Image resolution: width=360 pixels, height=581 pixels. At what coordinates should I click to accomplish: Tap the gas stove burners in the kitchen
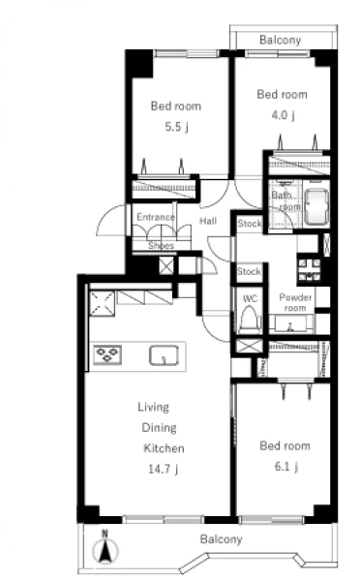click(x=107, y=353)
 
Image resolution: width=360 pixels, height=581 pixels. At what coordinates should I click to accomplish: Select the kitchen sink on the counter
click(x=165, y=354)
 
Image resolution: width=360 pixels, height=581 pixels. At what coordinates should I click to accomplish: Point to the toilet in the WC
click(x=249, y=319)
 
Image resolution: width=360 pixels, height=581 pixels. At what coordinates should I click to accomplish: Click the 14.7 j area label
click(x=164, y=469)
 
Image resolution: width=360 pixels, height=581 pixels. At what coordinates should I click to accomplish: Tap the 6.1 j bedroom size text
click(x=286, y=466)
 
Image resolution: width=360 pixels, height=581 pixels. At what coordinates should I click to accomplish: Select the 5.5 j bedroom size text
click(x=177, y=127)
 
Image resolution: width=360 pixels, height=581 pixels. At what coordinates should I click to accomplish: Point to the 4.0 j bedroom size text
click(x=284, y=115)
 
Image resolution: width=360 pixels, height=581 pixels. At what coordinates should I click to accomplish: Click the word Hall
click(x=208, y=221)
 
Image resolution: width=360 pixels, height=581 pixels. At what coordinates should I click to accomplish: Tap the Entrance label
click(x=156, y=217)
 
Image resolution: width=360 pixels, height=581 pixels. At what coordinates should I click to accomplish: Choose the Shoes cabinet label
click(x=161, y=245)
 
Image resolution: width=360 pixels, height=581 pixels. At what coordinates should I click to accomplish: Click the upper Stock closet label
click(x=250, y=224)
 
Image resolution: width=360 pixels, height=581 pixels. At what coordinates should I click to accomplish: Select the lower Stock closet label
click(x=249, y=271)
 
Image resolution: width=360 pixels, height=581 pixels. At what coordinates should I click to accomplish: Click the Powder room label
click(x=295, y=302)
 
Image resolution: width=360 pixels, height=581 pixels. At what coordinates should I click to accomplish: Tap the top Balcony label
click(x=281, y=40)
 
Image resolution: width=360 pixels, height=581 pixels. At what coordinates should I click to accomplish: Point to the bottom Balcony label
click(x=221, y=538)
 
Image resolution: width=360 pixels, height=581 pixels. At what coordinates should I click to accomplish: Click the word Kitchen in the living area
click(x=164, y=448)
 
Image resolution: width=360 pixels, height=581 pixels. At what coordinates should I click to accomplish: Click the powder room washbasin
click(x=290, y=323)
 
